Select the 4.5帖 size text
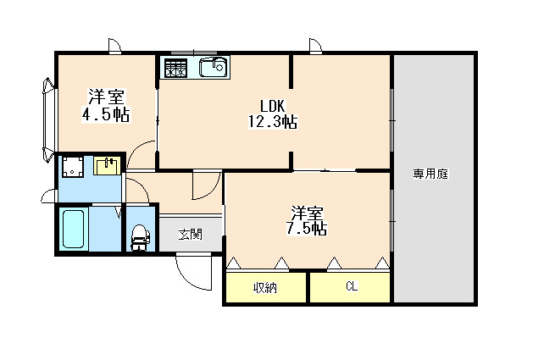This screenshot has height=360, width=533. (107, 114)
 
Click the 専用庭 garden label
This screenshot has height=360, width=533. (430, 174)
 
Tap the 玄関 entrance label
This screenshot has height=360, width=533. (191, 235)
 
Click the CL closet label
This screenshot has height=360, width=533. (350, 287)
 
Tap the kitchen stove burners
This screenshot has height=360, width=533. (176, 68)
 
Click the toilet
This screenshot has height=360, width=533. (139, 236)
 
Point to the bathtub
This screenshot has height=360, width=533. (74, 229)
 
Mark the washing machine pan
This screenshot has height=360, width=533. (73, 168)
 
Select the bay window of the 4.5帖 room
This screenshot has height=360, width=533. (44, 119)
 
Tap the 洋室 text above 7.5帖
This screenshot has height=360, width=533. (307, 212)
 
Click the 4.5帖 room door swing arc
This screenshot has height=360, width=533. (145, 156)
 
